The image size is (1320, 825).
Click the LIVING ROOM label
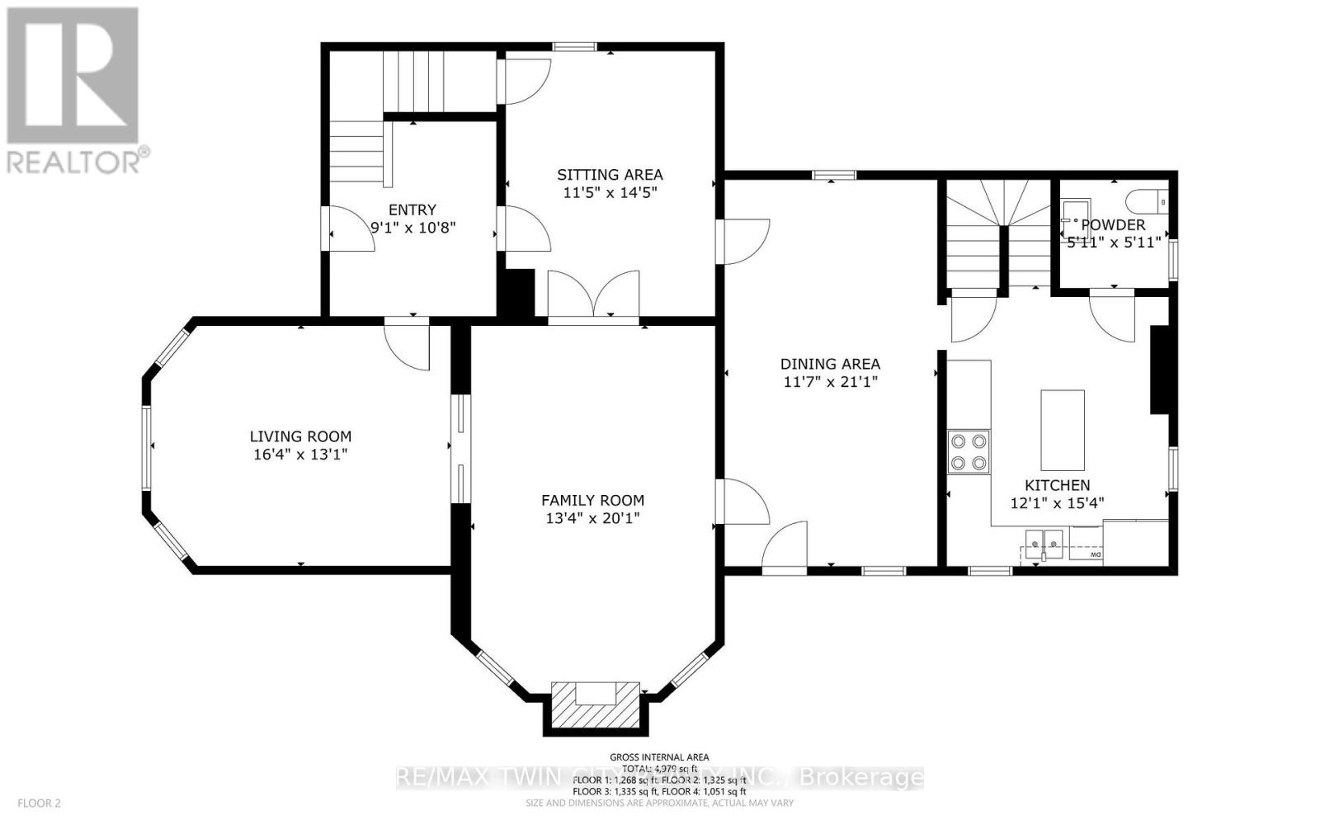pyautogui.click(x=300, y=436)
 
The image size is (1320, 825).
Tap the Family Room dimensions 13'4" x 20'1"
pyautogui.click(x=592, y=518)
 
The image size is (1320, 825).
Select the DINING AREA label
pyautogui.click(x=830, y=364)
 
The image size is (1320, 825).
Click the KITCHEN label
pyautogui.click(x=1057, y=485)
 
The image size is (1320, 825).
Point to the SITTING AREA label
pyautogui.click(x=610, y=175)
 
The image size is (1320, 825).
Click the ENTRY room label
pyautogui.click(x=412, y=210)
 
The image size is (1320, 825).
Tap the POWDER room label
pyautogui.click(x=1113, y=225)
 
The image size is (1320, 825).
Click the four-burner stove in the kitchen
pyautogui.click(x=969, y=451)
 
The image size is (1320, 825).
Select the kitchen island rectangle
pyautogui.click(x=1062, y=429)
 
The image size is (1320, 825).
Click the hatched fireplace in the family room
pyautogui.click(x=595, y=704)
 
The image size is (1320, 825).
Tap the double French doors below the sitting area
pyautogui.click(x=593, y=295)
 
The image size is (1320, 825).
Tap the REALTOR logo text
pyautogui.click(x=78, y=160)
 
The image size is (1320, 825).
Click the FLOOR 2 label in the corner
pyautogui.click(x=40, y=803)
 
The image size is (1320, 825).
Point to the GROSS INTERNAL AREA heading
pyautogui.click(x=659, y=757)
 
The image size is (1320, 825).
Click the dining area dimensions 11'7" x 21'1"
pyautogui.click(x=830, y=382)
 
